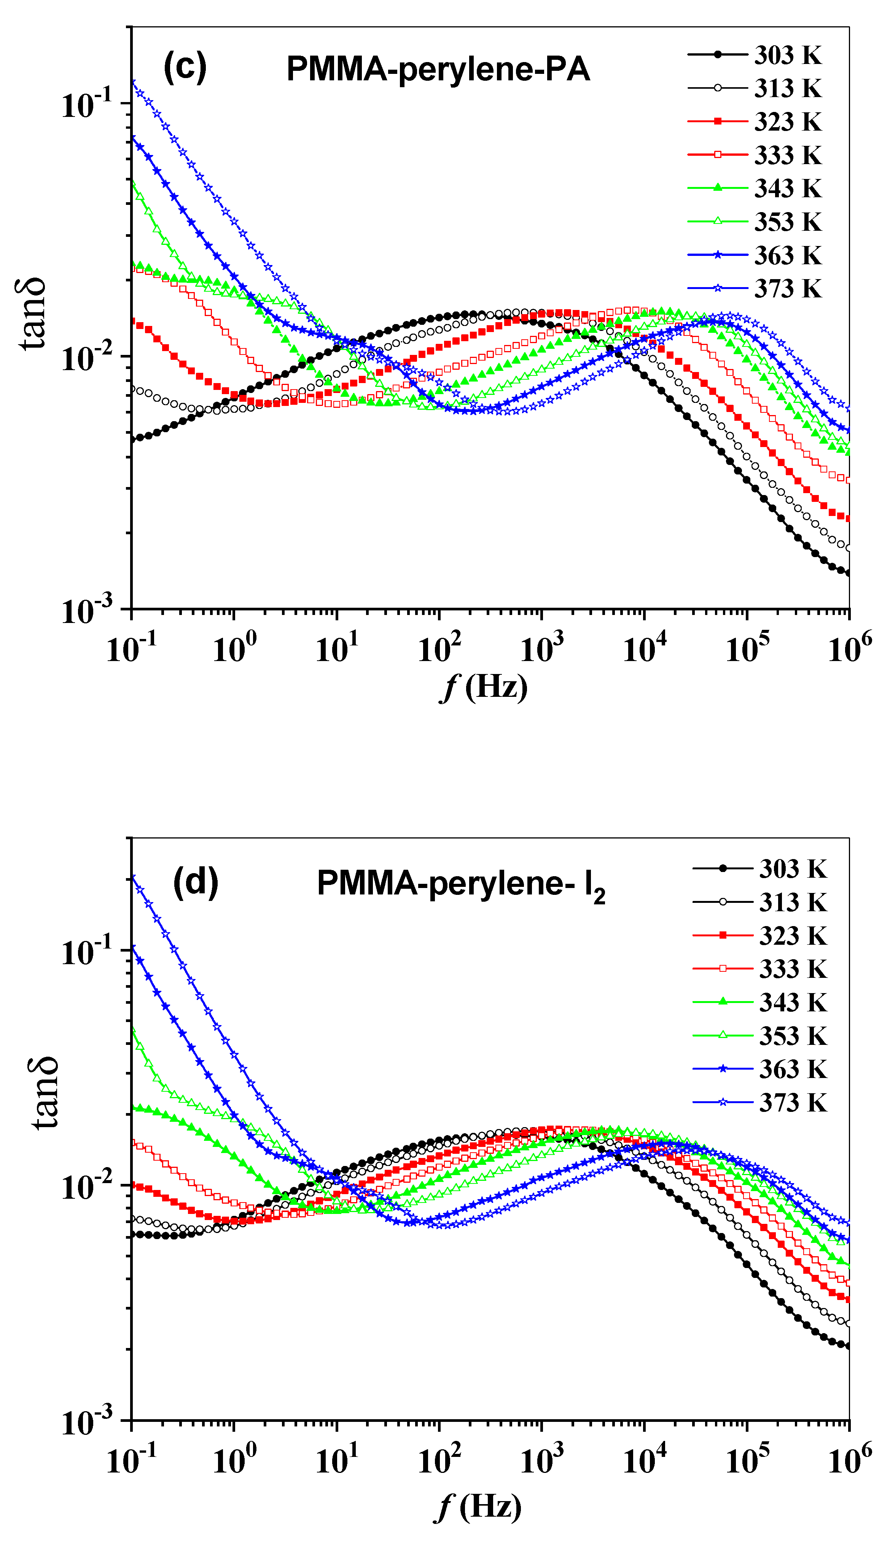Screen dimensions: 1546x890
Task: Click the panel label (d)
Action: tap(196, 882)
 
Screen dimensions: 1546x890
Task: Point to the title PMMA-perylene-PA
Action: tap(438, 69)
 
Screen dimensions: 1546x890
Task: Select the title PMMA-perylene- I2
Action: tap(461, 884)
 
